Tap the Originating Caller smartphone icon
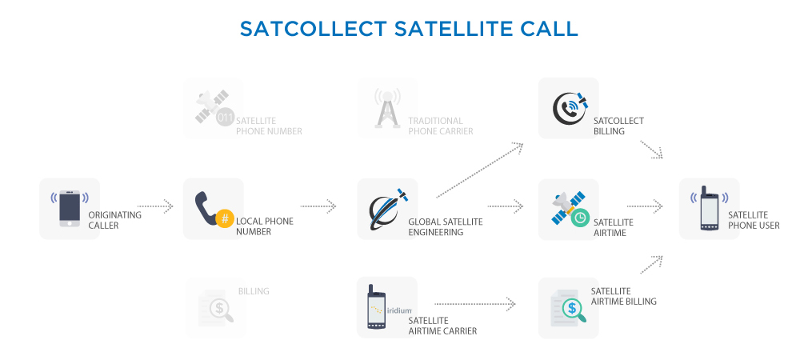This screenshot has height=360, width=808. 70,209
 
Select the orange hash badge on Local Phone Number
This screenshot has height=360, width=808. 225,218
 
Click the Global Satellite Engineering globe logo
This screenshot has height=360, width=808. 387,209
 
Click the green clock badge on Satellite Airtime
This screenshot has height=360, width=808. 580,218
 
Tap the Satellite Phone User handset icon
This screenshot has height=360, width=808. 709,208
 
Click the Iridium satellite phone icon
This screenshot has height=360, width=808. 376,306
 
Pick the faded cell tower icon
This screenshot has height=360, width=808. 387,108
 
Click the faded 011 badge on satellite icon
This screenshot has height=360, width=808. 225,118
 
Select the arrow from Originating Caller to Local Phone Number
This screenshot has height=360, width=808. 155,206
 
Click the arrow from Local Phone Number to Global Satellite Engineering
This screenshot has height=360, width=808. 318,206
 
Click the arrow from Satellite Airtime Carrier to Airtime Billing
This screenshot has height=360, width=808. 474,304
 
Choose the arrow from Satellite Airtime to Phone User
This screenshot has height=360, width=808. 645,206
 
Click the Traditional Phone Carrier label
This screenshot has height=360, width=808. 441,126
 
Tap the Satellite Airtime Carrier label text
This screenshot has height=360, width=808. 442,326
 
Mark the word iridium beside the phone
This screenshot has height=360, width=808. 399,310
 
